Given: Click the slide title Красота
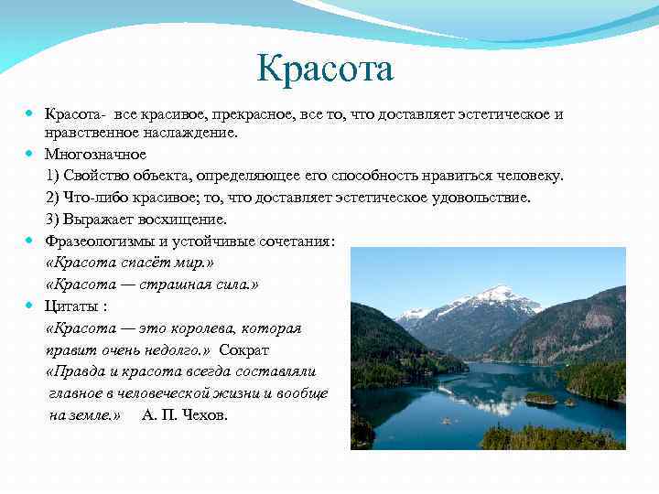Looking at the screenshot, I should point(325,69).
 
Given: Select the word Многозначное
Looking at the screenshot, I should point(95,154).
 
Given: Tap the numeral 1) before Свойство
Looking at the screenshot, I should point(54,176).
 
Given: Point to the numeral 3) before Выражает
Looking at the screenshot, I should point(54,220).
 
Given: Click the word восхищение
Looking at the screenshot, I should point(183,220).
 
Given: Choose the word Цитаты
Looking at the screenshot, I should point(73,306).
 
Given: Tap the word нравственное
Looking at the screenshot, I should point(93,133).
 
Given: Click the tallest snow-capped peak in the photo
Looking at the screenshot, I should point(497,292).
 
